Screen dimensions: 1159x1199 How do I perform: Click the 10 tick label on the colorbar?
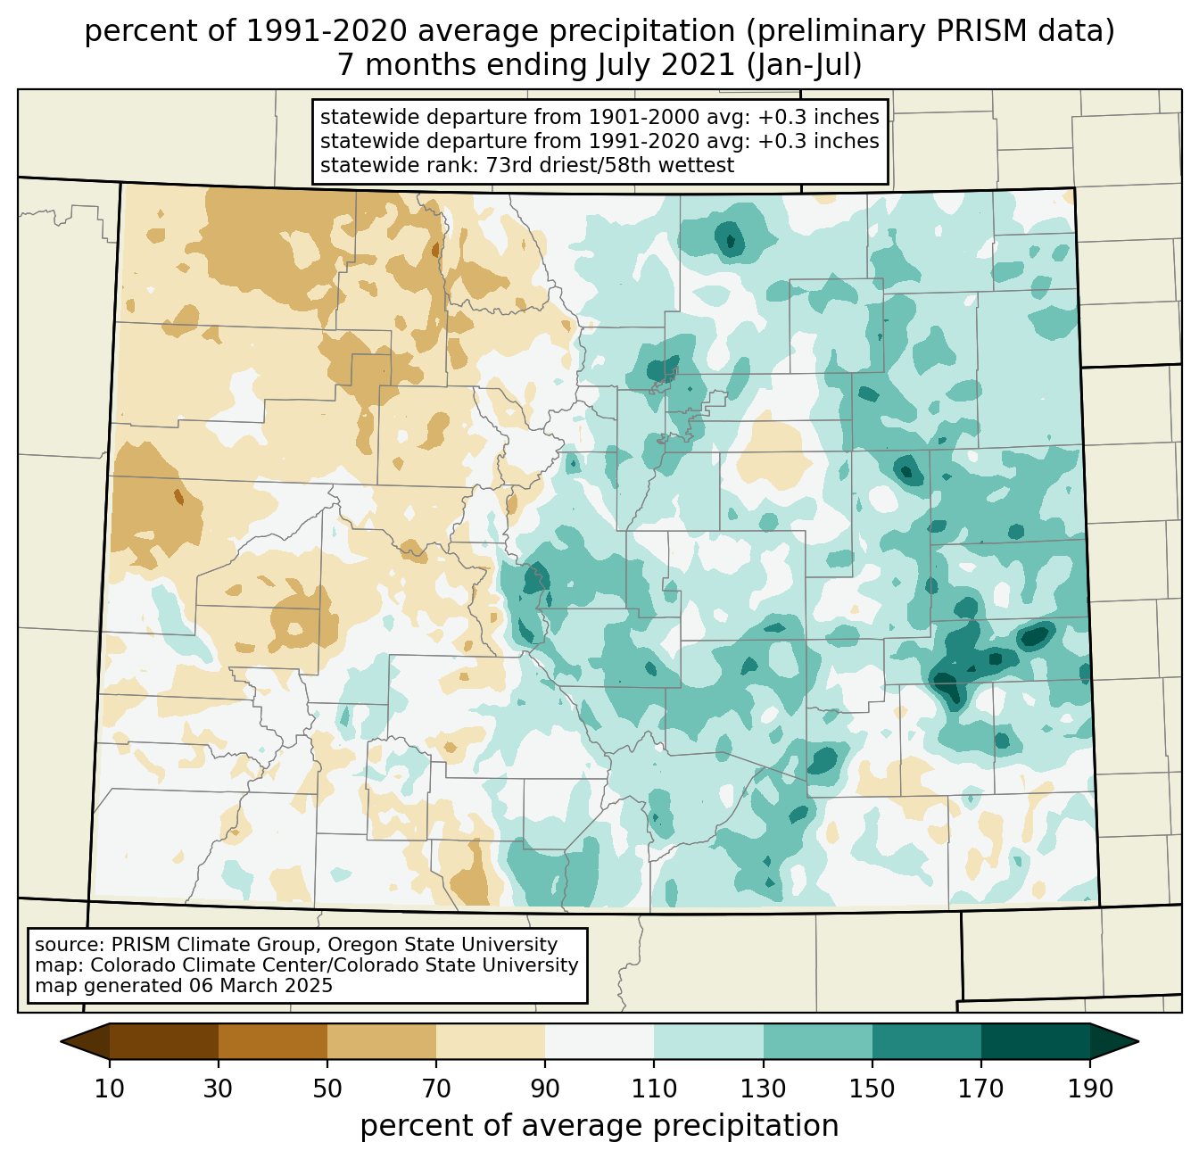(x=110, y=1089)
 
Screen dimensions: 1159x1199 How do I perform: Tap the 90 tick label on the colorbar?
(x=545, y=1089)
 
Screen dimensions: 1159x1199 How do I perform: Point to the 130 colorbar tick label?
(x=764, y=1089)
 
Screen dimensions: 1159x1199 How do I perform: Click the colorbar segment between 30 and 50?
(x=273, y=1041)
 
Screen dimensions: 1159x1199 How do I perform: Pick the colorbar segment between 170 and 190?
(x=1036, y=1041)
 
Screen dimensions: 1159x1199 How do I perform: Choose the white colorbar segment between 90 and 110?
(x=599, y=1041)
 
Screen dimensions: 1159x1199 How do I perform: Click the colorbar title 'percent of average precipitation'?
(x=599, y=1126)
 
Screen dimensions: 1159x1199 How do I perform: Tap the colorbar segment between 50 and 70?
(x=382, y=1041)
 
